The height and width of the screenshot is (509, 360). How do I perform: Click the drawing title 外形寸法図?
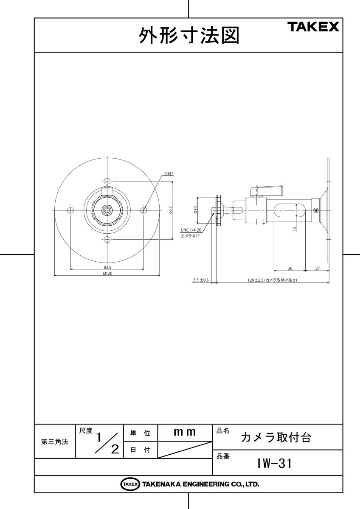click(x=189, y=36)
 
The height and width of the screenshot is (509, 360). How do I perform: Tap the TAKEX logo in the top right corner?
click(x=314, y=27)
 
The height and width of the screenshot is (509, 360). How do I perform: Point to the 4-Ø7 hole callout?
click(x=169, y=173)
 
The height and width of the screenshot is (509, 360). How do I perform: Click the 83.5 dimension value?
click(x=107, y=268)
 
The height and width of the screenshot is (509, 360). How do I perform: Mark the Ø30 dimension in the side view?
click(x=196, y=210)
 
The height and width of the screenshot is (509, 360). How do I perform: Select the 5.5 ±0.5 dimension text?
click(x=200, y=280)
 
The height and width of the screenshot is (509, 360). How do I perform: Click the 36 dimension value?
click(x=290, y=268)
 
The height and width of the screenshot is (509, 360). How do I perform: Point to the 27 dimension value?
click(x=318, y=268)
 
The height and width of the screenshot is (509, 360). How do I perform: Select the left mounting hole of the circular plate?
click(x=70, y=210)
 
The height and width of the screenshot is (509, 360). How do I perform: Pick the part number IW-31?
click(x=274, y=464)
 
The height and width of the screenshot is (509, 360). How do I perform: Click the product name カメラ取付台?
click(x=276, y=438)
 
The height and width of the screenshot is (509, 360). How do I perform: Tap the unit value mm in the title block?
click(x=185, y=432)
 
